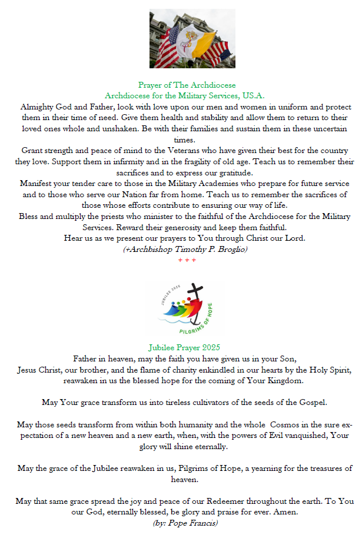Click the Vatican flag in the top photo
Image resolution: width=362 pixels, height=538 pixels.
point(194,39)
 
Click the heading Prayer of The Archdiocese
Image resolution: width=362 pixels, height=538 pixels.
point(187,85)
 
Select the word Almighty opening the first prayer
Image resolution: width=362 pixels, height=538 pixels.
point(38,107)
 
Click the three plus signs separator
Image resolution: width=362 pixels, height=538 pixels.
point(187,260)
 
